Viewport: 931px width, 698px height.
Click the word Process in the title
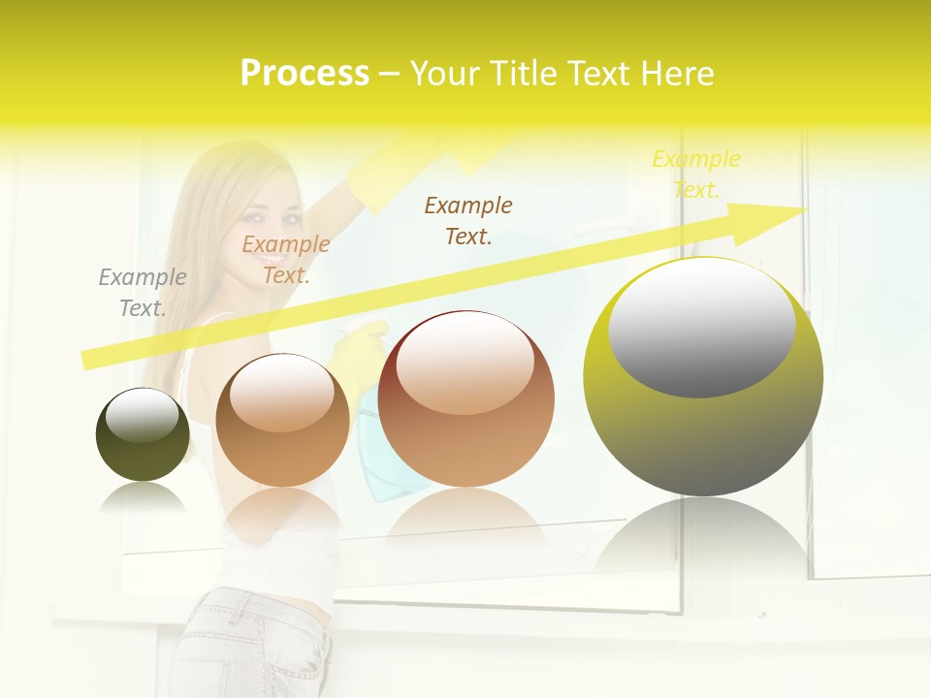pyautogui.click(x=305, y=74)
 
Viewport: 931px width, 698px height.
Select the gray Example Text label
pyautogui.click(x=142, y=293)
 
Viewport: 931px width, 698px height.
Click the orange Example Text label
pyautogui.click(x=285, y=260)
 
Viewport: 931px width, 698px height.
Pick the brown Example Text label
pyautogui.click(x=468, y=220)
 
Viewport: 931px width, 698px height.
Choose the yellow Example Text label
pyautogui.click(x=695, y=174)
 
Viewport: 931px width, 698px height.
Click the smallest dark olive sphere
pyautogui.click(x=143, y=434)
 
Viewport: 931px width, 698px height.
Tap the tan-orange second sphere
pyautogui.click(x=282, y=420)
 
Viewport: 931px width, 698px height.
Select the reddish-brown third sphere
pyautogui.click(x=465, y=399)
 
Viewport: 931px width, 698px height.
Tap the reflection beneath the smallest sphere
pyautogui.click(x=143, y=498)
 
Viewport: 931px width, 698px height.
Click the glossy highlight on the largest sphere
pyautogui.click(x=701, y=325)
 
